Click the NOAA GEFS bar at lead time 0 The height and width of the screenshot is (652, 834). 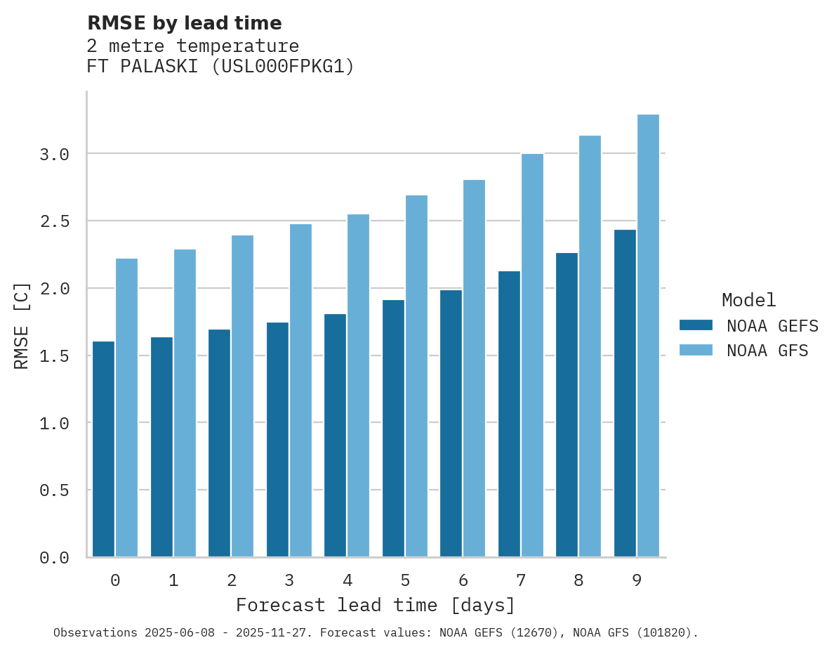[x=103, y=449]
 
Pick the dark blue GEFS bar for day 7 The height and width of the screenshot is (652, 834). [x=509, y=414]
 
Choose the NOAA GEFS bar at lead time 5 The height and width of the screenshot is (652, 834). [x=393, y=428]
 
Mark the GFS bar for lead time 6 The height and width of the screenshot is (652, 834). [x=474, y=368]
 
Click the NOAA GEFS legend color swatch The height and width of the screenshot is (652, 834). [x=696, y=325]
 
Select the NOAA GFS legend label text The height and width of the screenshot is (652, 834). [x=767, y=351]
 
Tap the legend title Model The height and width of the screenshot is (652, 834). [x=748, y=300]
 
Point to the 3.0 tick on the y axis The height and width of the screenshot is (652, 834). [x=54, y=154]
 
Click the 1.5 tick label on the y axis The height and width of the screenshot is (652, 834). [x=54, y=356]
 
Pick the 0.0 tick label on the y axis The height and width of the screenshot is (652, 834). [x=54, y=558]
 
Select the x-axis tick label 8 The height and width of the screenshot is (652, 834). [x=578, y=580]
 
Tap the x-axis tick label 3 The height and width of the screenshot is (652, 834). [x=289, y=580]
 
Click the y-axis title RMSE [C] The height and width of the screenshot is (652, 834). [x=22, y=325]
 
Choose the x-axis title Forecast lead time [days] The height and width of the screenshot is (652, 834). [x=376, y=605]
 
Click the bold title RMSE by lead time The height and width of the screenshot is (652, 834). [x=184, y=23]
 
